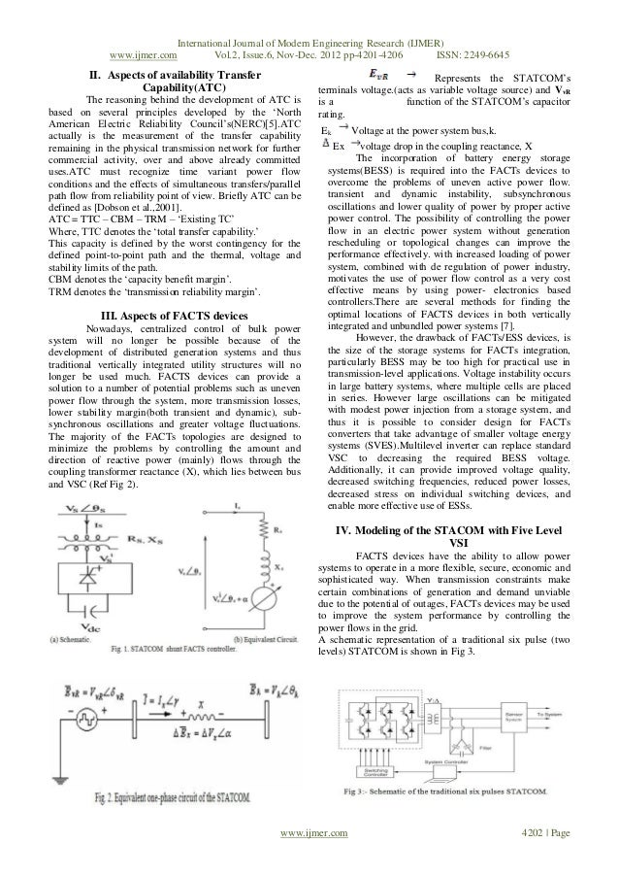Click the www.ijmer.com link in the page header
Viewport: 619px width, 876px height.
151,27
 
